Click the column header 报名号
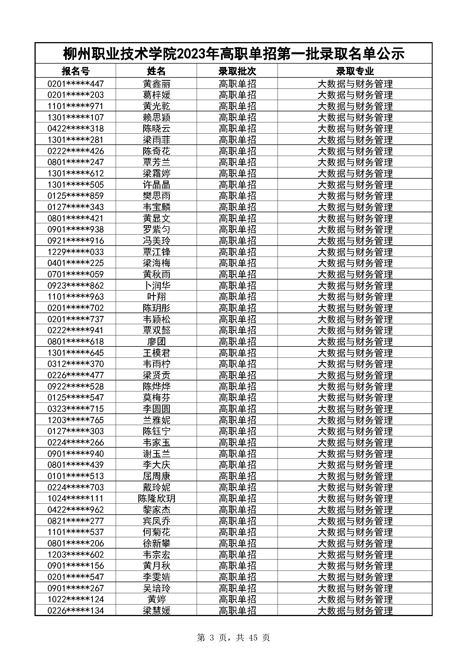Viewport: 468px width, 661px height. pyautogui.click(x=76, y=71)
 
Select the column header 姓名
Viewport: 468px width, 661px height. pyautogui.click(x=156, y=71)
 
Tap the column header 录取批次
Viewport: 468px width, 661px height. pyautogui.click(x=237, y=71)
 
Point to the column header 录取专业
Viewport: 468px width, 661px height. pyautogui.click(x=355, y=71)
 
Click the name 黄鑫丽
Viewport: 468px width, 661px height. pyautogui.click(x=156, y=84)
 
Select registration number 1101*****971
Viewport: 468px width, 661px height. pyautogui.click(x=76, y=106)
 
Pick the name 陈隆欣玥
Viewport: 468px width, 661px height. pyautogui.click(x=156, y=498)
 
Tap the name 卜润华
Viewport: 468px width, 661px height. pyautogui.click(x=156, y=286)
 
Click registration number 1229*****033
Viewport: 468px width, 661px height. pyautogui.click(x=76, y=252)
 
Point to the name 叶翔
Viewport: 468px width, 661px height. pyautogui.click(x=156, y=297)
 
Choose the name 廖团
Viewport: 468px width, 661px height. pyautogui.click(x=156, y=342)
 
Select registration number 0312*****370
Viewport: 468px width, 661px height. pyautogui.click(x=76, y=364)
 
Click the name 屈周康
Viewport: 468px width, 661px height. pyautogui.click(x=156, y=476)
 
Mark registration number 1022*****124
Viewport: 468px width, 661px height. pyautogui.click(x=76, y=599)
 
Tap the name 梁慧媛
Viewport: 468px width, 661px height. pyautogui.click(x=156, y=610)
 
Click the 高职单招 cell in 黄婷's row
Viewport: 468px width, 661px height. pyautogui.click(x=237, y=599)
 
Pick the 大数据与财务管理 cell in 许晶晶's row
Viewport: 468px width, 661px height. pyautogui.click(x=355, y=185)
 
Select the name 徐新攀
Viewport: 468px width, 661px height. pyautogui.click(x=156, y=543)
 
